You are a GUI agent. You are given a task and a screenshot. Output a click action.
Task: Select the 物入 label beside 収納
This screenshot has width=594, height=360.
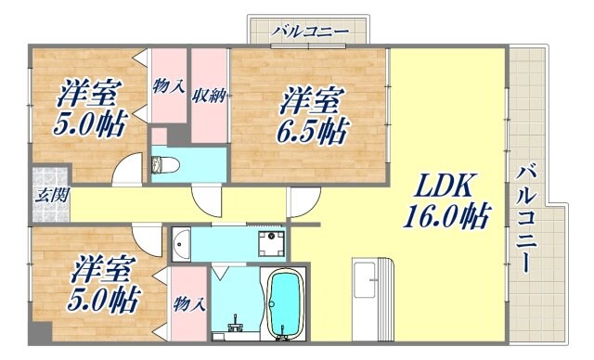(x=166, y=87)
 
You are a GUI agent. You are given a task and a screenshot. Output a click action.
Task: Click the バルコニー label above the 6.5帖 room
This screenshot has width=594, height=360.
(x=310, y=32)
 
